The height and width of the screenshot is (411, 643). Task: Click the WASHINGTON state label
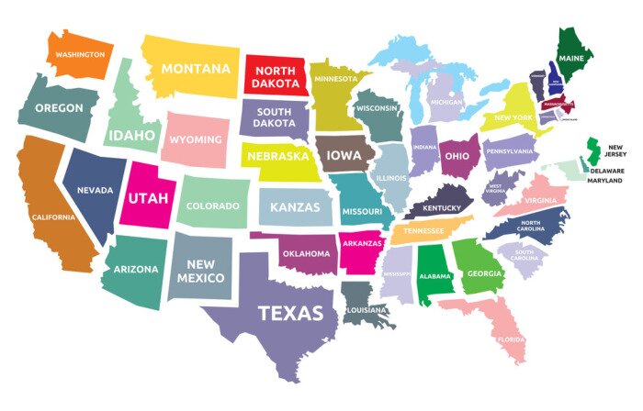(x=80, y=54)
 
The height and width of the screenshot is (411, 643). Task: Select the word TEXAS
(x=290, y=313)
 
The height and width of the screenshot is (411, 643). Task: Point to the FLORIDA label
(x=511, y=339)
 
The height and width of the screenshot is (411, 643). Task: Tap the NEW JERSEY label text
(x=615, y=150)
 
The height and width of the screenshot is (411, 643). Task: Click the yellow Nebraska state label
(x=276, y=156)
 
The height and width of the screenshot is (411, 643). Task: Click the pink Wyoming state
(x=196, y=139)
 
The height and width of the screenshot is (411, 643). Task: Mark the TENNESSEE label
(x=424, y=231)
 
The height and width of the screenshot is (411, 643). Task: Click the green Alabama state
(x=434, y=274)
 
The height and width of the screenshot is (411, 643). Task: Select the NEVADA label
(x=95, y=190)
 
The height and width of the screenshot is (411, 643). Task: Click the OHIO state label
(x=457, y=156)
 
